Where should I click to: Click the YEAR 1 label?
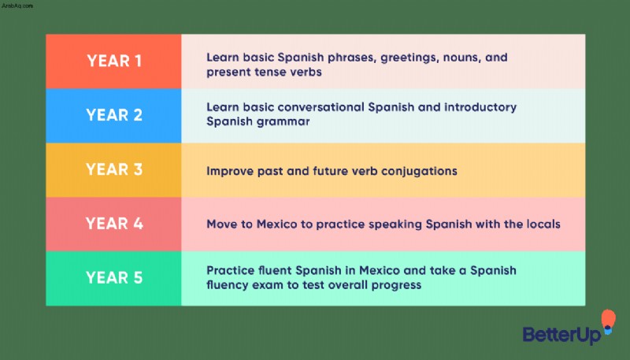click(x=114, y=61)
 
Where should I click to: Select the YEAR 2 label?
click(x=114, y=115)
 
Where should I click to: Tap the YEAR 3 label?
click(x=114, y=169)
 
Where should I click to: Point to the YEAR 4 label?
click(x=114, y=224)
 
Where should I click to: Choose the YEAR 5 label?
click(x=114, y=277)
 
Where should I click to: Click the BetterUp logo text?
click(x=562, y=335)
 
